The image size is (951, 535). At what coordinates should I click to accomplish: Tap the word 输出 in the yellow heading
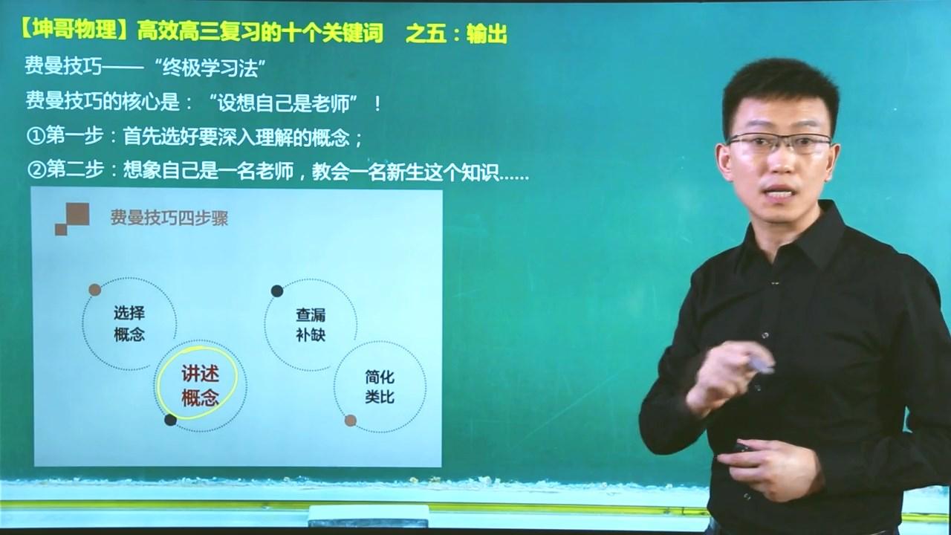click(x=487, y=33)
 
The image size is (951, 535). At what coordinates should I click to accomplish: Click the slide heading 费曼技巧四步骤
click(x=169, y=218)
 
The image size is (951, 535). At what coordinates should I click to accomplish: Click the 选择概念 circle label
click(x=129, y=323)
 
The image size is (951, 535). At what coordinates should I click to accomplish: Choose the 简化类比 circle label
click(x=380, y=386)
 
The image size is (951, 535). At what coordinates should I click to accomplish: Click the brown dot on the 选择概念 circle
click(x=95, y=289)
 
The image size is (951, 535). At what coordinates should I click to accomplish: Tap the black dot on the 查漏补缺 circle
click(x=276, y=290)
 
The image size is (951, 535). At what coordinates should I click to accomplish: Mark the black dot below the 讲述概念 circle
click(x=170, y=420)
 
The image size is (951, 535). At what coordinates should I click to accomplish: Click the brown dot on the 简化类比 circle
click(x=351, y=421)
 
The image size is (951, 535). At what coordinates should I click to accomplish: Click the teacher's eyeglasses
click(x=779, y=142)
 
